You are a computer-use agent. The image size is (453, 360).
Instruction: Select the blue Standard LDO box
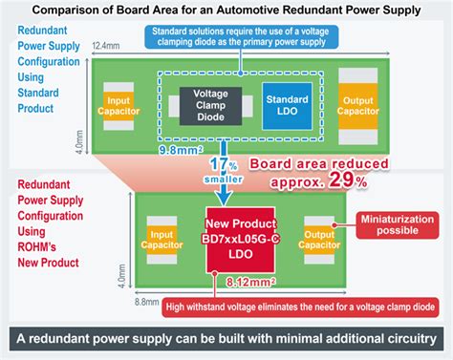286,102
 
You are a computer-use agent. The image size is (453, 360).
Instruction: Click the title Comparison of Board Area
226,11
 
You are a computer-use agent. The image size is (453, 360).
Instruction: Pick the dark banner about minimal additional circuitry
226,339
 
